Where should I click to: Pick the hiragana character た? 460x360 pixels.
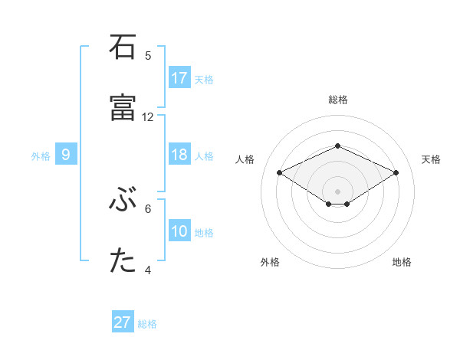click(123, 261)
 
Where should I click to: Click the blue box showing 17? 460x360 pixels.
click(179, 78)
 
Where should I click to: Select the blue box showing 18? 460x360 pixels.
click(179, 155)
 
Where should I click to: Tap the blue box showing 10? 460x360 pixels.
click(179, 231)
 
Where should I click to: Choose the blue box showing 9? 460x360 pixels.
click(66, 155)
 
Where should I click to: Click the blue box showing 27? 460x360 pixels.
click(123, 322)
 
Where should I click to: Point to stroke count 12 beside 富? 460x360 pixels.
click(148, 117)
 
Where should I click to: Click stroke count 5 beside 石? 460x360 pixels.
click(148, 56)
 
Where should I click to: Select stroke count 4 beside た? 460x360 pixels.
click(148, 270)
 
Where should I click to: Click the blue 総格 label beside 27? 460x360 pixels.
click(147, 324)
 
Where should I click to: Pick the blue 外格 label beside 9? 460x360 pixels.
click(41, 156)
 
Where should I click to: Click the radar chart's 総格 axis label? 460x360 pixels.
click(337, 100)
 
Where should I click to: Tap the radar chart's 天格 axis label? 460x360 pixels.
click(431, 159)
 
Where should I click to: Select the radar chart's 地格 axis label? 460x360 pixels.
click(402, 262)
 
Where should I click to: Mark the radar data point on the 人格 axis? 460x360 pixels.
click(279, 172)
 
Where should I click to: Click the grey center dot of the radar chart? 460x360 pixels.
click(337, 191)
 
